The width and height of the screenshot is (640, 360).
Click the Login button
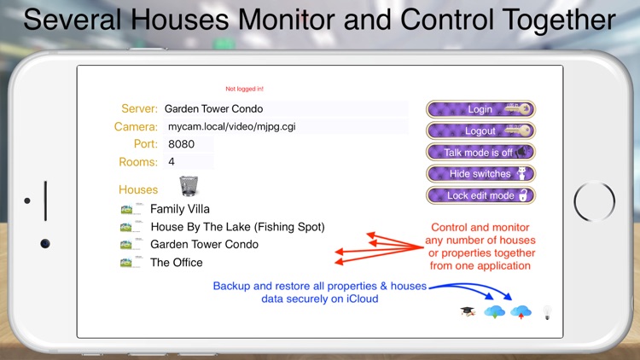pos(480,109)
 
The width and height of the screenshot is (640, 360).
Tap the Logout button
pos(480,131)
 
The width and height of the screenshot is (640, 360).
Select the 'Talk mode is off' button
pos(480,153)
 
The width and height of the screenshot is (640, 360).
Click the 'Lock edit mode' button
pos(480,195)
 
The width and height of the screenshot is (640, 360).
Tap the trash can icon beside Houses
pos(189,186)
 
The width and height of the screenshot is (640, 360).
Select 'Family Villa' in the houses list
pos(180,208)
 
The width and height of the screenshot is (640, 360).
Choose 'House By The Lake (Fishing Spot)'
pos(237,227)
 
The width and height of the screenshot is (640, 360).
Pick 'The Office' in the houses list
pos(177,263)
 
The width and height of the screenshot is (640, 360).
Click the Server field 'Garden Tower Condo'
pos(213,109)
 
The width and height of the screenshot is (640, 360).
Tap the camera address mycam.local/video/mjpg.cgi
pos(237,126)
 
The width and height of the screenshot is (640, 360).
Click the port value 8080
pos(183,144)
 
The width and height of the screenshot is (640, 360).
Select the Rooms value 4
pos(172,161)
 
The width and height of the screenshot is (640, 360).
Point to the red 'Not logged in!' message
pos(244,89)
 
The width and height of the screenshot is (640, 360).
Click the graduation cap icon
pos(467,312)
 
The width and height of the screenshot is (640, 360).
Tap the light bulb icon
pos(546,312)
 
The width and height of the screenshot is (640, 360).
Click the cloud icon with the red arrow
pos(520,312)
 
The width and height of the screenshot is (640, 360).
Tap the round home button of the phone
pos(594,202)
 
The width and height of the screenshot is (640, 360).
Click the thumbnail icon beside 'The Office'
pos(131,263)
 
